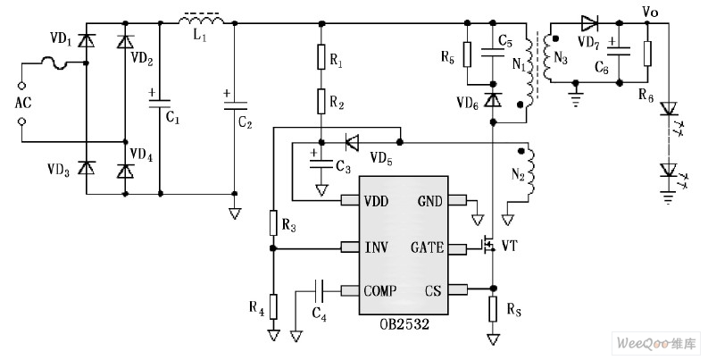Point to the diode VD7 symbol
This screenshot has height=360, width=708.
(x=589, y=22)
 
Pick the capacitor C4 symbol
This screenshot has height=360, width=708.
(x=319, y=289)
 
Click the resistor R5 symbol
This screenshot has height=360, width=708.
(x=466, y=54)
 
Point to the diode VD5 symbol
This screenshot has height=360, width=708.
(x=352, y=141)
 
